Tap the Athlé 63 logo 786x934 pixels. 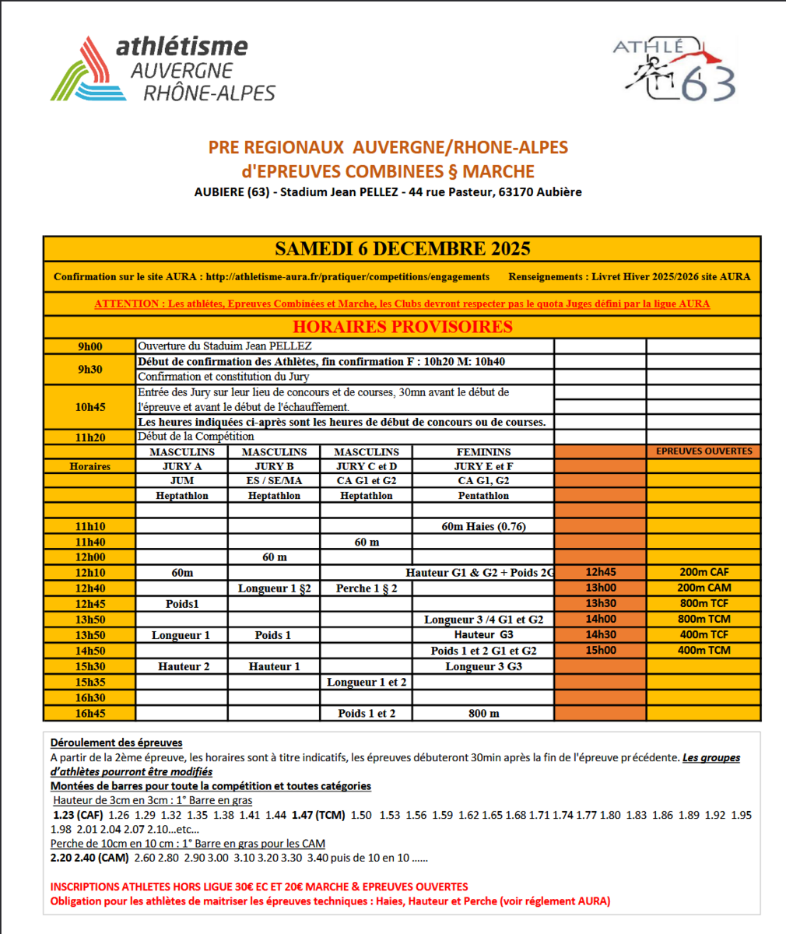(x=674, y=69)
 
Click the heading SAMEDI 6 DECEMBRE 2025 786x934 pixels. (x=402, y=249)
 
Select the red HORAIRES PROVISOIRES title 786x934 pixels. (x=402, y=327)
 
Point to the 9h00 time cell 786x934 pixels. (x=89, y=346)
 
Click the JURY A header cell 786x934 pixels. (x=182, y=466)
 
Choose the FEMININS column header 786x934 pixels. (x=483, y=451)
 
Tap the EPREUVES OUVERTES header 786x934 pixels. (x=704, y=451)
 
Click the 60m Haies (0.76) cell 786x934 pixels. (x=483, y=526)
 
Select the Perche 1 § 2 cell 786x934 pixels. (x=367, y=588)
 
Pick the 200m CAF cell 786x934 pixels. (x=704, y=573)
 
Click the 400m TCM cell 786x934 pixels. (x=704, y=651)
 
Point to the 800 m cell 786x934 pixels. (x=483, y=713)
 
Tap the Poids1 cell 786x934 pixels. (x=182, y=604)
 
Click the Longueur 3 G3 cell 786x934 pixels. (x=483, y=666)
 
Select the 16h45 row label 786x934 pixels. (x=89, y=713)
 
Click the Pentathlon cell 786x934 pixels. (x=483, y=496)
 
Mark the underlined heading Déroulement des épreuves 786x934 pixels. (x=117, y=743)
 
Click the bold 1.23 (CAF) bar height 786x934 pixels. (x=78, y=815)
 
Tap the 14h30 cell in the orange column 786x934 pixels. (x=600, y=635)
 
